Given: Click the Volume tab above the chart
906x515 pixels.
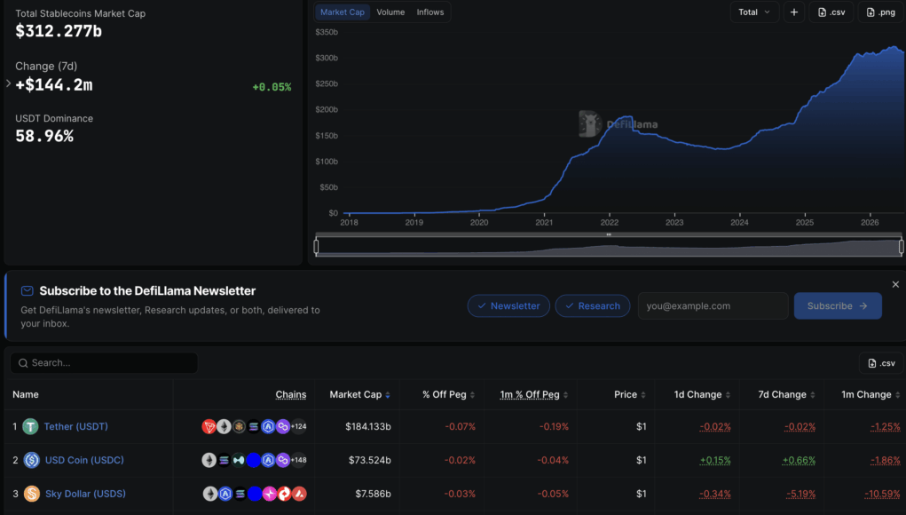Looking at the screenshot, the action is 390,12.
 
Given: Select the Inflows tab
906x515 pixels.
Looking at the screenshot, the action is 430,12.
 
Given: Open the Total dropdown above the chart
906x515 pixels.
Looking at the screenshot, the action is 754,12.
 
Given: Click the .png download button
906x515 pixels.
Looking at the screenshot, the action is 880,12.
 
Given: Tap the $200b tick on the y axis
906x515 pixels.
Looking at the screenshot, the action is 327,110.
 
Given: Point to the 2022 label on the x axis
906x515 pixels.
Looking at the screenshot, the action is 609,223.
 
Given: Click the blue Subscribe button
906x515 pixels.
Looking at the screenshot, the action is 838,305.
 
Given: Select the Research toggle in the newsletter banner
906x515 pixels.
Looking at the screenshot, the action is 592,305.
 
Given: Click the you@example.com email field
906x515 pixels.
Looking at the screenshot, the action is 713,305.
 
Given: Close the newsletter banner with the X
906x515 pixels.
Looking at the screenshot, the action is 895,284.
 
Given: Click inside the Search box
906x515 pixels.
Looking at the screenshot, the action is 104,363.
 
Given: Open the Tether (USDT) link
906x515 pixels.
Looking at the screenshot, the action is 75,426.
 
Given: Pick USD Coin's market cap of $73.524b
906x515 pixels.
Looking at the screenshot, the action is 370,460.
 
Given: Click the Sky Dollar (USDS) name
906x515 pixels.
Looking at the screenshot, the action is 85,494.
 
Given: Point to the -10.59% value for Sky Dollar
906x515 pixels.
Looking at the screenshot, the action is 882,494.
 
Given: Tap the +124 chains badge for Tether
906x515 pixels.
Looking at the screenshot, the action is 299,426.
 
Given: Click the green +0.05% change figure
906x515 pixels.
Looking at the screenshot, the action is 272,87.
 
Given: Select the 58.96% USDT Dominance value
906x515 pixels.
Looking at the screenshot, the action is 44,137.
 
